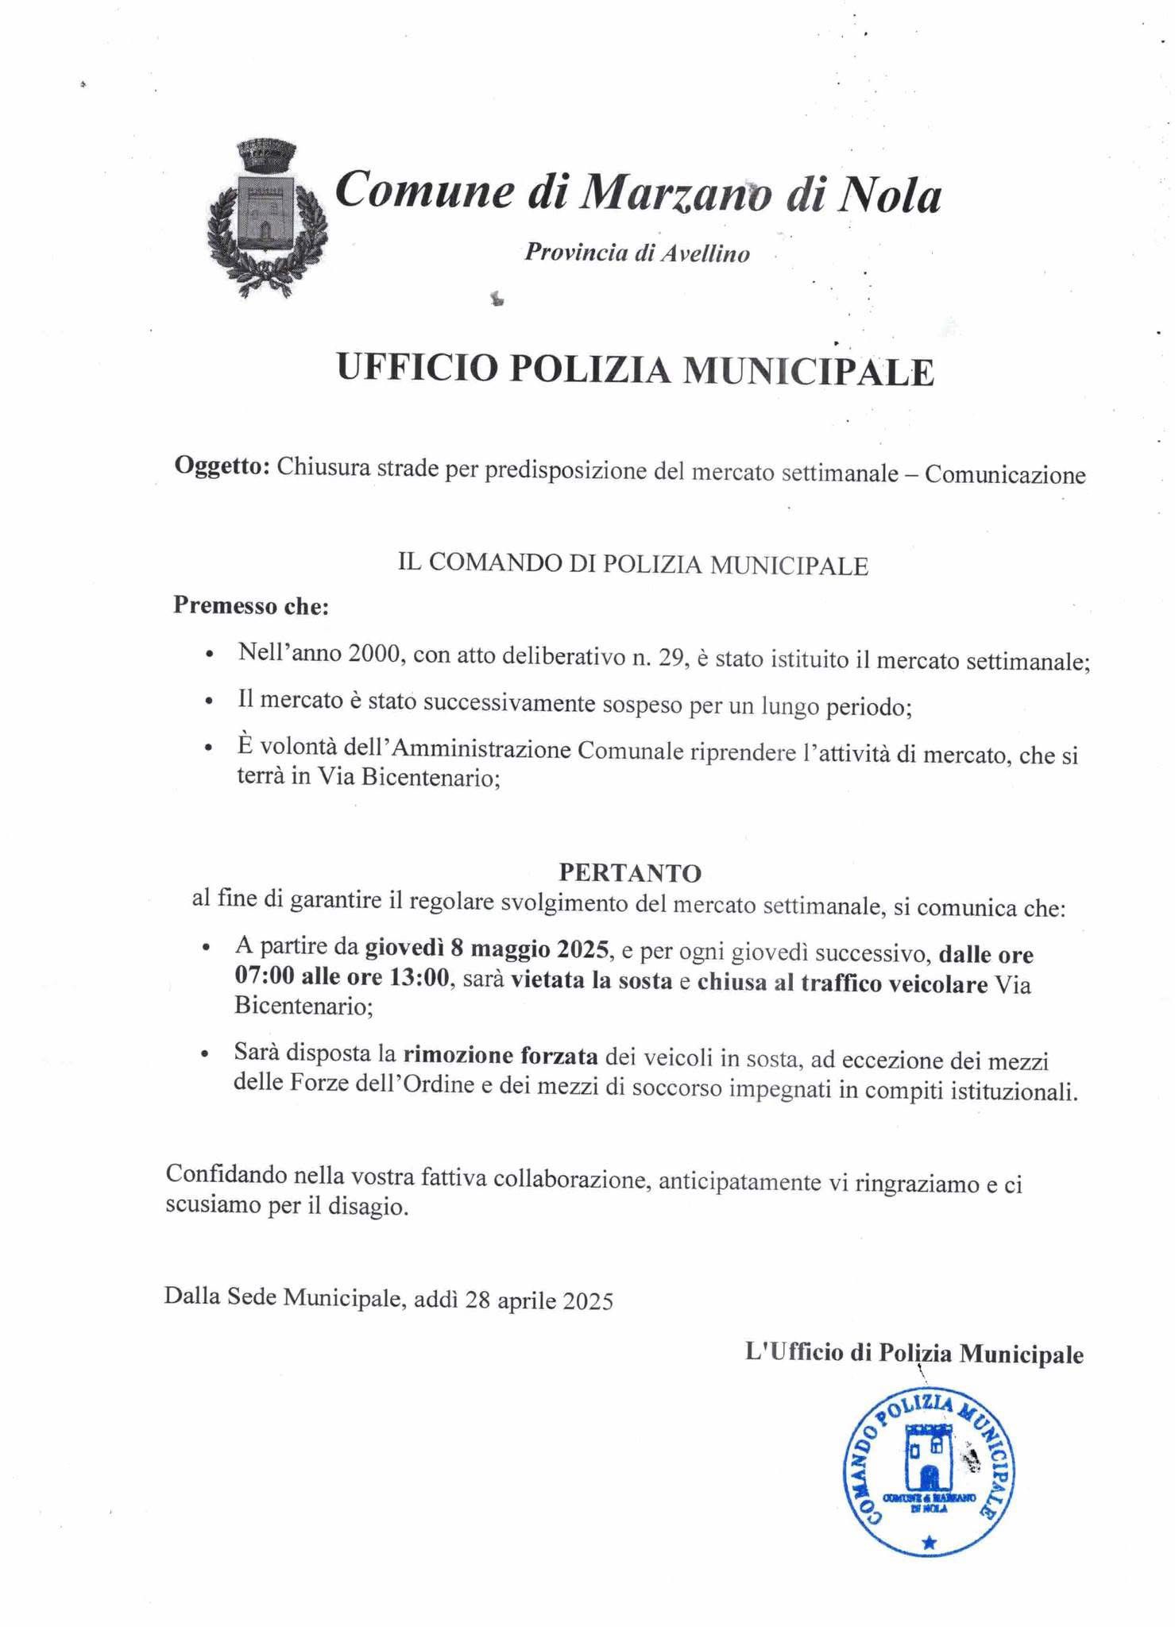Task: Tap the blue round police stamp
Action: click(928, 1475)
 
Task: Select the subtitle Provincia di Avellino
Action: click(636, 253)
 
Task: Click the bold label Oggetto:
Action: click(222, 466)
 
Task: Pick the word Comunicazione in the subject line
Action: click(1005, 475)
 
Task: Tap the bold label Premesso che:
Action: click(251, 606)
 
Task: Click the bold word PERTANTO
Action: click(630, 873)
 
